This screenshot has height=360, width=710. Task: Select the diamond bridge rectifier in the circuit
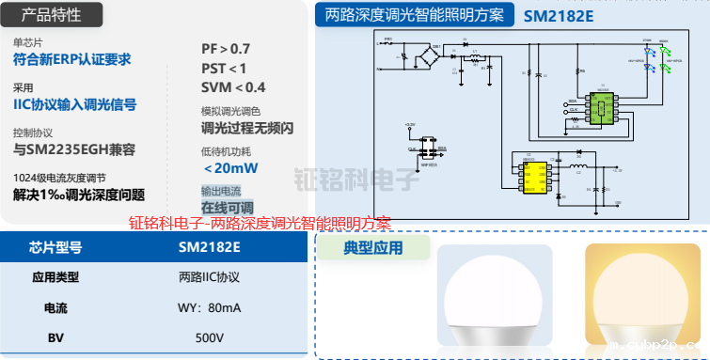[434, 56]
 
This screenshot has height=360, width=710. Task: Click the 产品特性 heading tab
[51, 15]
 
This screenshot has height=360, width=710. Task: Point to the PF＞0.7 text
[226, 48]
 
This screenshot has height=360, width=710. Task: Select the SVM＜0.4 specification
[233, 87]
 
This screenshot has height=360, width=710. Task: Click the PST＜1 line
[224, 68]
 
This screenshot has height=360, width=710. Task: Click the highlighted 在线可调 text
[227, 207]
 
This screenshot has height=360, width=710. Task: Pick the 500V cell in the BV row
[209, 337]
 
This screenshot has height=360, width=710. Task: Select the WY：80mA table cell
[209, 307]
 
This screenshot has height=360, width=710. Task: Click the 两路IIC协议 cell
[209, 277]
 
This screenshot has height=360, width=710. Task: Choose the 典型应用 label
[373, 248]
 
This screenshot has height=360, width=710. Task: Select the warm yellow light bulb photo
[643, 293]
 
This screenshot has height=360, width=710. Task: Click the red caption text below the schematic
[260, 224]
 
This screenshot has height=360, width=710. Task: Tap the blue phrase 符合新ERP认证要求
[71, 59]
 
